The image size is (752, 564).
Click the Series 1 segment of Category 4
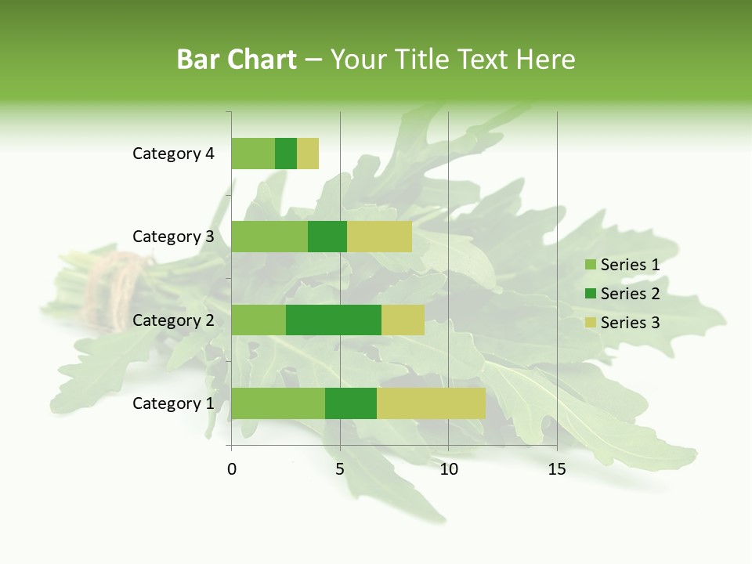coord(253,154)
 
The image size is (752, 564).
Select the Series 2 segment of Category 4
coord(286,154)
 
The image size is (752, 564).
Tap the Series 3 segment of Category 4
coord(308,154)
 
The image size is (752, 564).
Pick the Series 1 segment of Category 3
coord(269,237)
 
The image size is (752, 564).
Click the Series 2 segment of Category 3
coord(327,237)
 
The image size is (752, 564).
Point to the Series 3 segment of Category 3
coord(379,237)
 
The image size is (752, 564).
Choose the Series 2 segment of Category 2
coord(334,320)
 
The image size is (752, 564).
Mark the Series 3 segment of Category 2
coord(403,320)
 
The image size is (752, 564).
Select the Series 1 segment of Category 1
coord(278,403)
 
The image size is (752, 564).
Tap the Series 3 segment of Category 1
coord(431,403)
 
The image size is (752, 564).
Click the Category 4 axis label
coord(173,154)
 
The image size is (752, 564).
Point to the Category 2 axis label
coord(173,320)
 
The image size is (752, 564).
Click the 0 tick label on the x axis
coord(232,469)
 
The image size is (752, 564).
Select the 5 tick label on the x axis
coord(340,469)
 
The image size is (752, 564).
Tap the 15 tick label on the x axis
coord(557,469)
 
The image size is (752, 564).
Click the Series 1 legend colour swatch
coord(590,265)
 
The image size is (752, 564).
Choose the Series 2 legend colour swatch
coord(590,294)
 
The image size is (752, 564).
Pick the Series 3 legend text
coord(630,323)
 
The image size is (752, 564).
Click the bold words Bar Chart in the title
coord(237,60)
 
